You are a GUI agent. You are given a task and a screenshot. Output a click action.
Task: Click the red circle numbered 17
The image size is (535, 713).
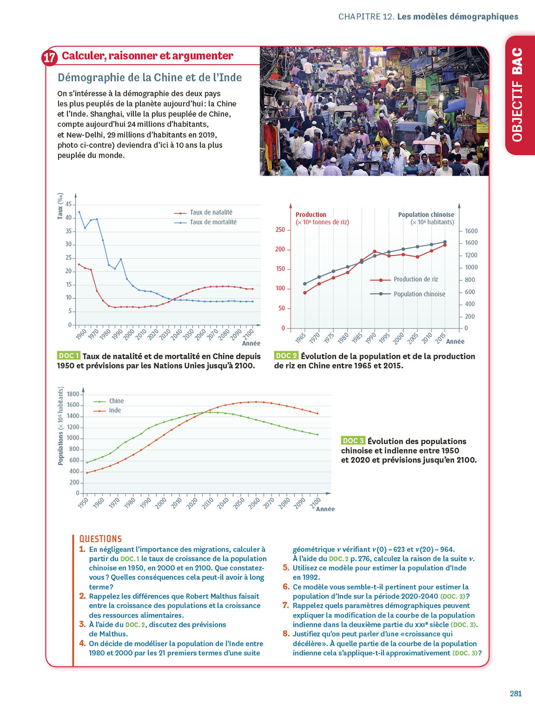(x=50, y=58)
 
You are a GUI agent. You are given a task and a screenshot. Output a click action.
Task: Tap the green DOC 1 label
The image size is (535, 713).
(x=68, y=356)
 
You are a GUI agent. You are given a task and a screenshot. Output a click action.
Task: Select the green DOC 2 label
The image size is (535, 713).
(x=286, y=356)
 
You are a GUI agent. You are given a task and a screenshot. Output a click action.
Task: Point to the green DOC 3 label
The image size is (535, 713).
(x=353, y=441)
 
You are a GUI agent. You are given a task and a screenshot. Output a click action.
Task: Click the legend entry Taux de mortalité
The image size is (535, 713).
(x=213, y=222)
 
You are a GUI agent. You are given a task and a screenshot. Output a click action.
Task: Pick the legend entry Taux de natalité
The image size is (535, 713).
(x=211, y=212)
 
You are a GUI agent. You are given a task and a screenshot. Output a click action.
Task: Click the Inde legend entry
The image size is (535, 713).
(x=115, y=410)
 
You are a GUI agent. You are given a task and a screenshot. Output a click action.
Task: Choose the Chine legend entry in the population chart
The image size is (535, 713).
(x=116, y=401)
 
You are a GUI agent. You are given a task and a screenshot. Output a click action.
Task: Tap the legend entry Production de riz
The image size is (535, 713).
(x=415, y=279)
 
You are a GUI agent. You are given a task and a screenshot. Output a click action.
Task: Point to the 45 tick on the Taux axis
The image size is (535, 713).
(x=69, y=204)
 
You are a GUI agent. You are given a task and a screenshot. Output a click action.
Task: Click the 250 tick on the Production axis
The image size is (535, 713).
(x=280, y=230)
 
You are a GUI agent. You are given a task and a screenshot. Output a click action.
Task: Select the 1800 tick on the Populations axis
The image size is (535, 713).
(x=73, y=394)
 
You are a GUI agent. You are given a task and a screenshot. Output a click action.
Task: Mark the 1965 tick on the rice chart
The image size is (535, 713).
(x=301, y=337)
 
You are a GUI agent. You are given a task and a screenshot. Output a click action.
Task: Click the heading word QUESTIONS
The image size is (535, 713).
(x=100, y=539)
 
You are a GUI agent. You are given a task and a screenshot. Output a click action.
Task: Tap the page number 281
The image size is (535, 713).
(x=516, y=694)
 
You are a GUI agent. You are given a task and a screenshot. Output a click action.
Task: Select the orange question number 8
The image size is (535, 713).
(x=286, y=633)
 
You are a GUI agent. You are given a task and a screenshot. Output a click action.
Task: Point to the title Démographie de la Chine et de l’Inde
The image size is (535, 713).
(x=149, y=77)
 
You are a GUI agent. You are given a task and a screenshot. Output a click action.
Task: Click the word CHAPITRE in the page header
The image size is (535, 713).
(x=359, y=17)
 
